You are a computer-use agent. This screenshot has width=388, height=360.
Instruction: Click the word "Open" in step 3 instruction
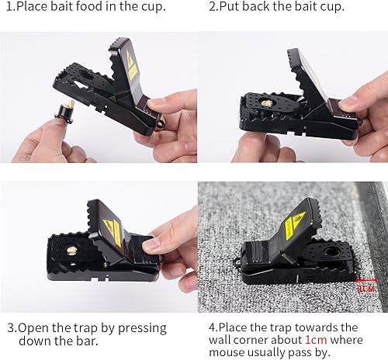(x=35, y=327)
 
